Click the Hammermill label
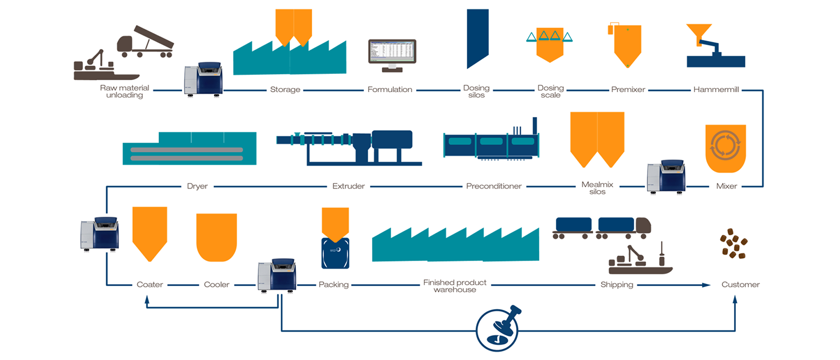click(x=716, y=90)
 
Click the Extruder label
click(x=348, y=186)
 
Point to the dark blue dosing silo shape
click(x=477, y=38)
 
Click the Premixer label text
click(x=628, y=90)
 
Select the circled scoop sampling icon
click(x=498, y=330)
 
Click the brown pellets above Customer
click(x=733, y=244)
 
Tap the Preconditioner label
click(x=493, y=186)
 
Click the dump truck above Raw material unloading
click(x=145, y=42)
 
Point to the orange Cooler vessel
click(x=216, y=237)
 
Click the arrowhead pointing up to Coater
click(x=147, y=300)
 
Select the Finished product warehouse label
click(x=455, y=286)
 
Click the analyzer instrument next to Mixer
click(x=666, y=177)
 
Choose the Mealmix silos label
click(x=597, y=188)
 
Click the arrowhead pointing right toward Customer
click(x=706, y=285)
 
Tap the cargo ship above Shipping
click(x=640, y=260)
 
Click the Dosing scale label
click(x=551, y=91)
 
